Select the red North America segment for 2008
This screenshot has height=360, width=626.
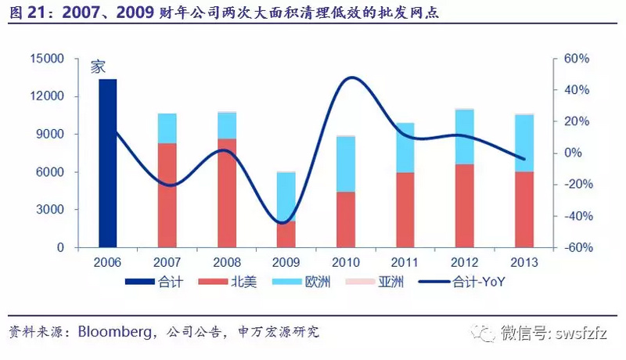point(226,193)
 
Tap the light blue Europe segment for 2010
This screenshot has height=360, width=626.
point(346,164)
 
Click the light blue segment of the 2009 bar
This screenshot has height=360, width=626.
point(286,196)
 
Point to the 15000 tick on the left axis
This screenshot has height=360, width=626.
point(47,59)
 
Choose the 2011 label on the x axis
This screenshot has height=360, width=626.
point(405,263)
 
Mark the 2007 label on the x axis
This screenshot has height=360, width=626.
point(167,263)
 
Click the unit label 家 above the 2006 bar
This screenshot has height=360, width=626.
point(97,67)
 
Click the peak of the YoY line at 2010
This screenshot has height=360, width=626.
point(351,77)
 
